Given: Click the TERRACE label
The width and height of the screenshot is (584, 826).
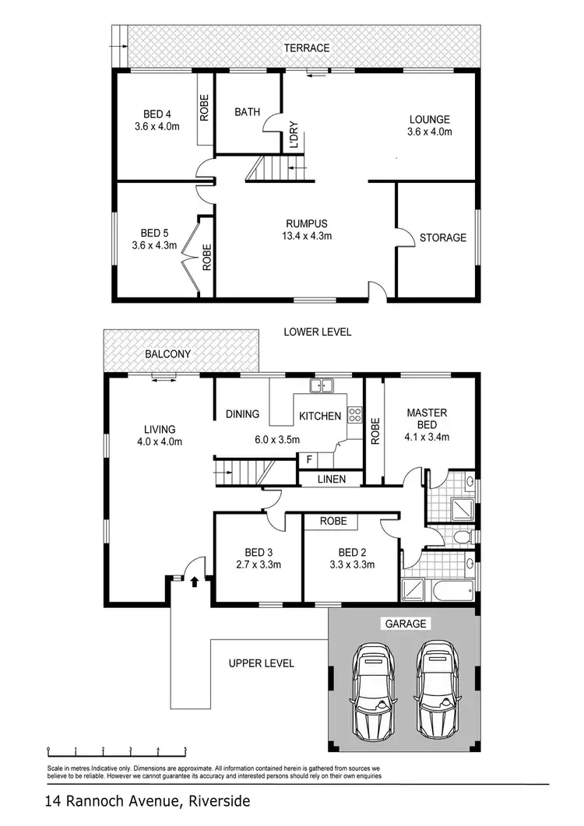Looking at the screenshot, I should tap(307, 48).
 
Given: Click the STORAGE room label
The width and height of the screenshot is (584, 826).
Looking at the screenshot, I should tap(442, 237).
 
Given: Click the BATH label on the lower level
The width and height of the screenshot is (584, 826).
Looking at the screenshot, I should tap(247, 112).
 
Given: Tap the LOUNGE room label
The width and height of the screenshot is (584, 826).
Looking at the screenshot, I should tap(429, 120).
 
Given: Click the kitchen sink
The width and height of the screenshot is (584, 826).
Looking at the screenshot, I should tap(321, 385).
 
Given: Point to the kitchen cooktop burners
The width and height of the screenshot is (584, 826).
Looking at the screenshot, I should tap(354, 415).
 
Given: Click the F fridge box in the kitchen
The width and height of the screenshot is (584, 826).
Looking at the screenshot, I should tap(309, 459).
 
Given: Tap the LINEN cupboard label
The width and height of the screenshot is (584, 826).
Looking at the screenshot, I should tap(332, 479).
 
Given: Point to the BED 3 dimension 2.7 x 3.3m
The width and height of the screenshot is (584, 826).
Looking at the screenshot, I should tap(256, 564).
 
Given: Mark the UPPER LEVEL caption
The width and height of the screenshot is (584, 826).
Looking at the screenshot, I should tap(261, 663).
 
